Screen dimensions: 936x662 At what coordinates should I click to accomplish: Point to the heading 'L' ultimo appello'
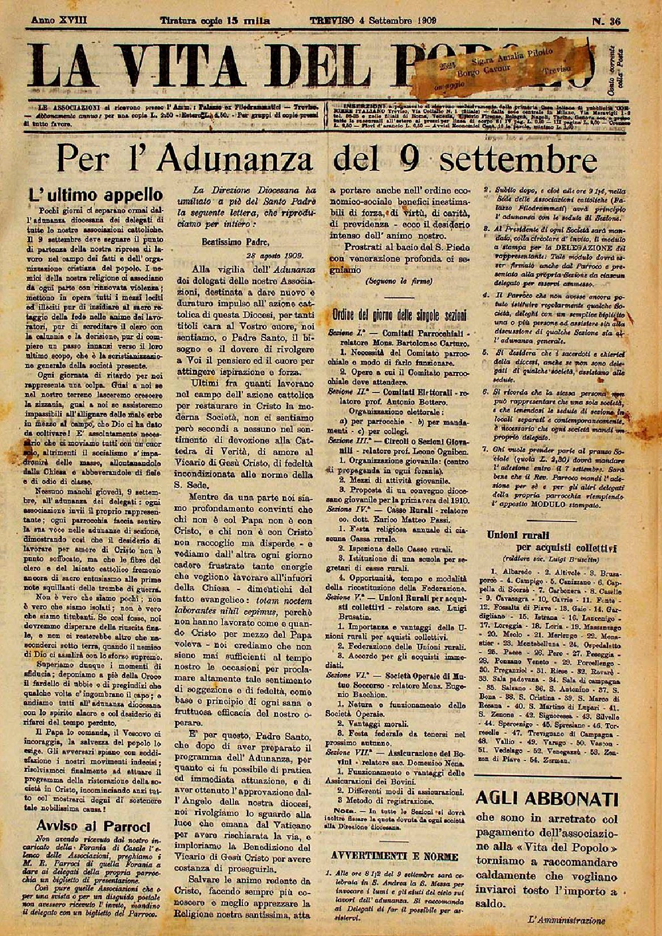click(96, 195)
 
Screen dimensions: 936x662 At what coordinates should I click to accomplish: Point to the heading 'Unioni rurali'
click(518, 533)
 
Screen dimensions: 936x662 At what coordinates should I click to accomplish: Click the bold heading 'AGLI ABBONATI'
click(546, 798)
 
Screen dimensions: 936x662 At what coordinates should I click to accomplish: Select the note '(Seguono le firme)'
click(400, 281)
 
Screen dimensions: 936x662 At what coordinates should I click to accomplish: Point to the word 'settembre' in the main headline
click(511, 160)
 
